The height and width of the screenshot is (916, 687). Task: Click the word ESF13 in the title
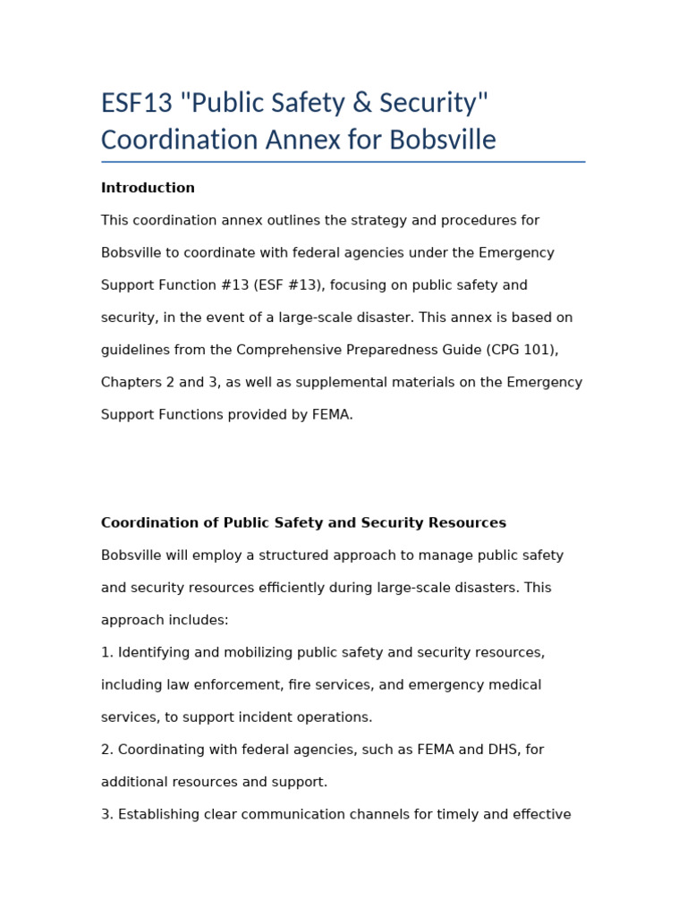(x=136, y=104)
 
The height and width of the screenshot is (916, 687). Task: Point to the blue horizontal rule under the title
(x=343, y=162)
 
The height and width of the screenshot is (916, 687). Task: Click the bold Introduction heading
(x=148, y=188)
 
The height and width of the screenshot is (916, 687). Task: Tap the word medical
(x=515, y=685)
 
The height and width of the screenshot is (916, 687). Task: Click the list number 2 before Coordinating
(x=106, y=750)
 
